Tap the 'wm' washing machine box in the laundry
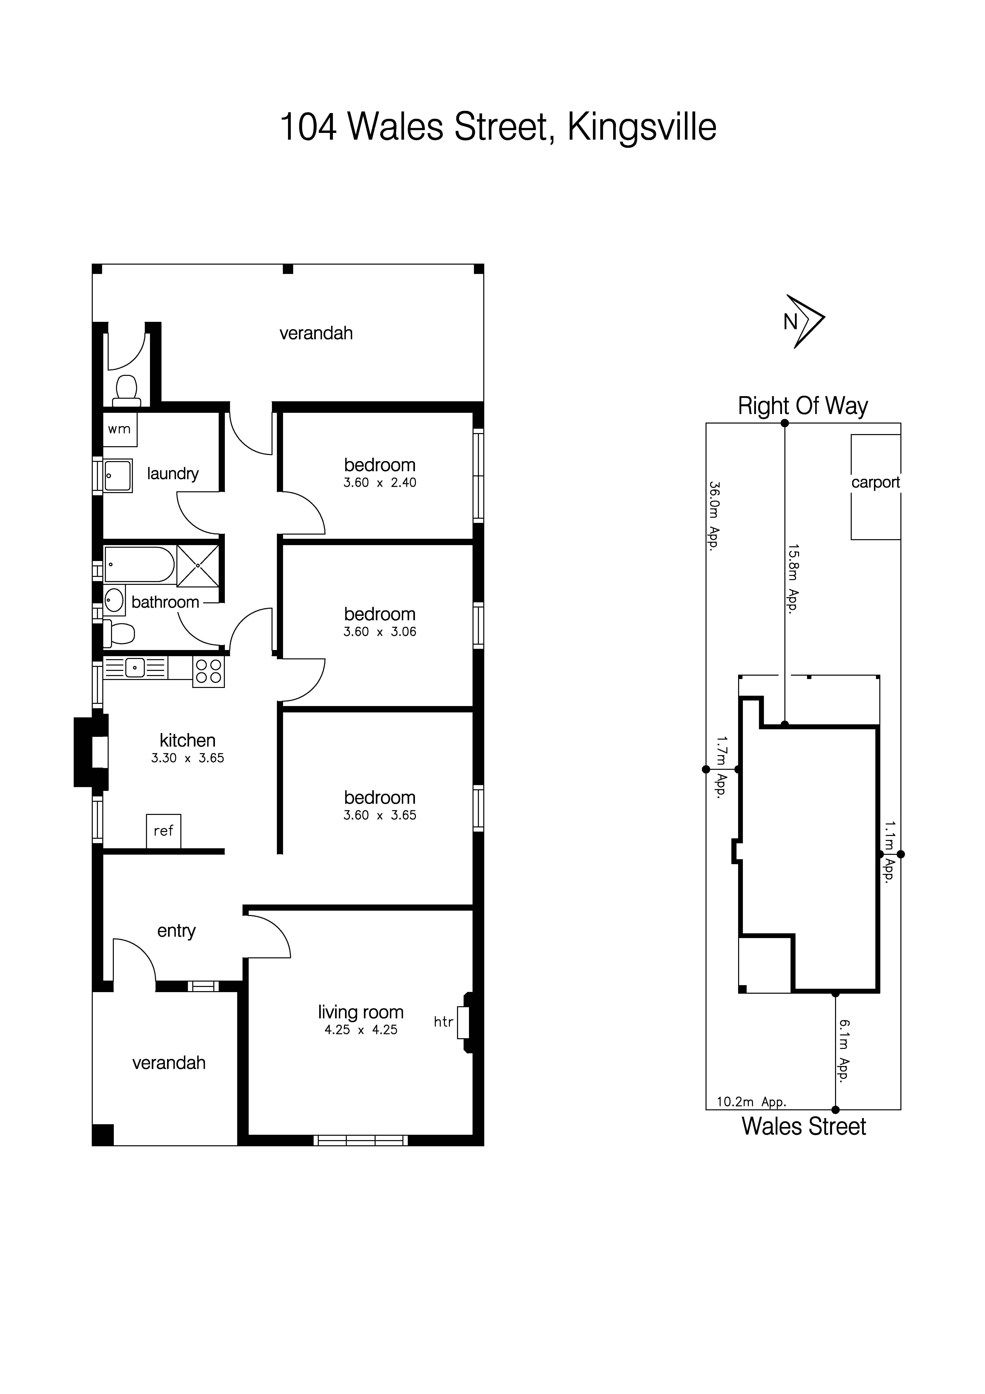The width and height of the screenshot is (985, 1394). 120,429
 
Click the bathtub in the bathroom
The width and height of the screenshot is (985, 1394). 139,565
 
